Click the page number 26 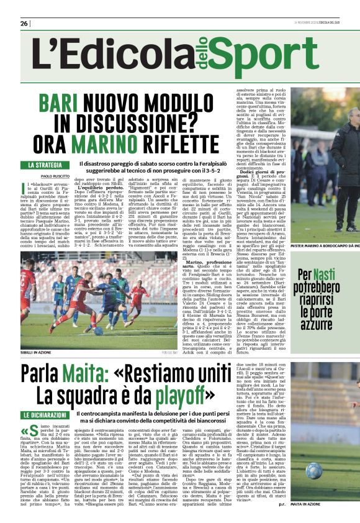click(x=24, y=23)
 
